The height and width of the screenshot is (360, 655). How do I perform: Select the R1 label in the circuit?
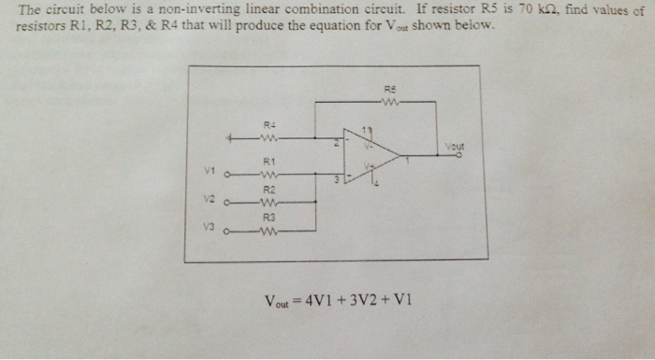tap(268, 161)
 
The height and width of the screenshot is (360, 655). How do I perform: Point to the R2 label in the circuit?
tap(269, 189)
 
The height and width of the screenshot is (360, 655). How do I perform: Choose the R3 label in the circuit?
tap(269, 216)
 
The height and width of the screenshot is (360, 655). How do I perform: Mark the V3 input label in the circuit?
tap(211, 226)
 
